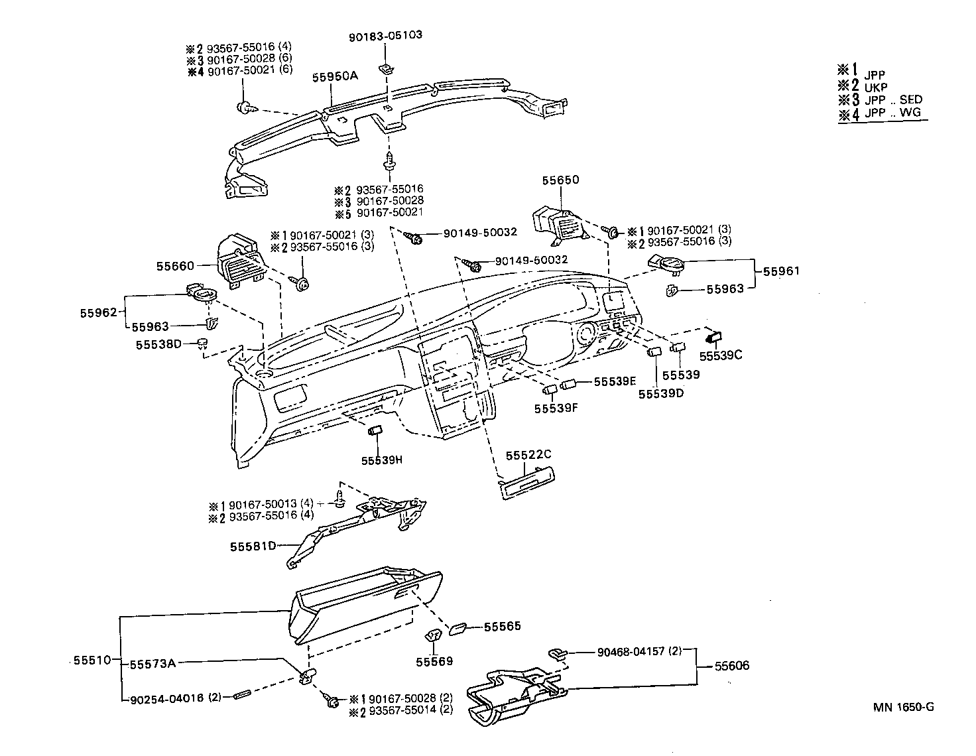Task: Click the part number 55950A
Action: [x=335, y=76]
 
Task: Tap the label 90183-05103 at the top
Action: [x=385, y=34]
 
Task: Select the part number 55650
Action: [x=560, y=180]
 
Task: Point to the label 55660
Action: [x=175, y=266]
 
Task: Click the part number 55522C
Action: [x=528, y=455]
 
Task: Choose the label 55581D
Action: [x=253, y=546]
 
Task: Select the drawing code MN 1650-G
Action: [x=903, y=707]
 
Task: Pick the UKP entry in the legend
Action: [x=875, y=88]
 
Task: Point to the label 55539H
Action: [x=381, y=460]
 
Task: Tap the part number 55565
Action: [x=502, y=626]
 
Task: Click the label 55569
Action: [x=434, y=661]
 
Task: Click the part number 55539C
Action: [x=721, y=355]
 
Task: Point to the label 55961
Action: [x=781, y=271]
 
